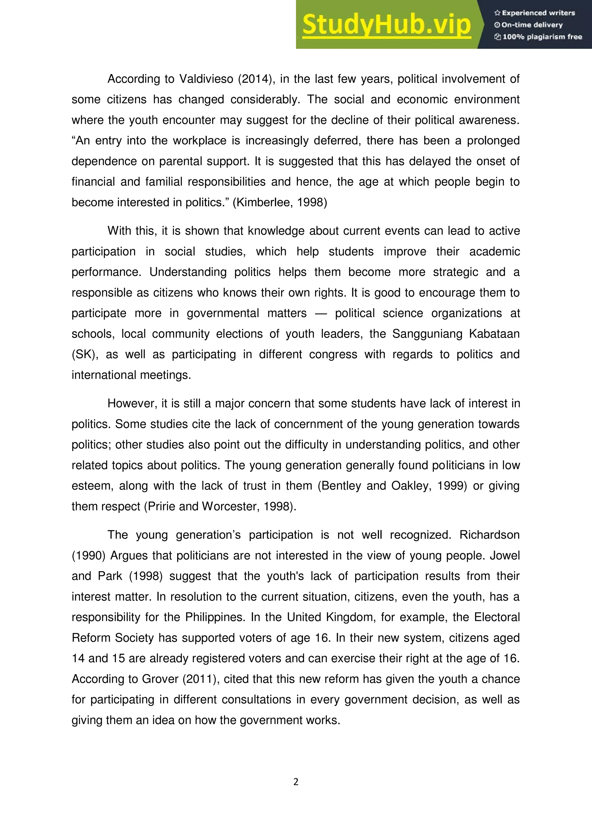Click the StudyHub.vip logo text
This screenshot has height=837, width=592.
[x=386, y=25]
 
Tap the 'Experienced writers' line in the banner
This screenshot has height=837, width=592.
[x=534, y=13]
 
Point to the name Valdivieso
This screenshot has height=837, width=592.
[x=206, y=79]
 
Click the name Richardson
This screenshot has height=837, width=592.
[x=489, y=535]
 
